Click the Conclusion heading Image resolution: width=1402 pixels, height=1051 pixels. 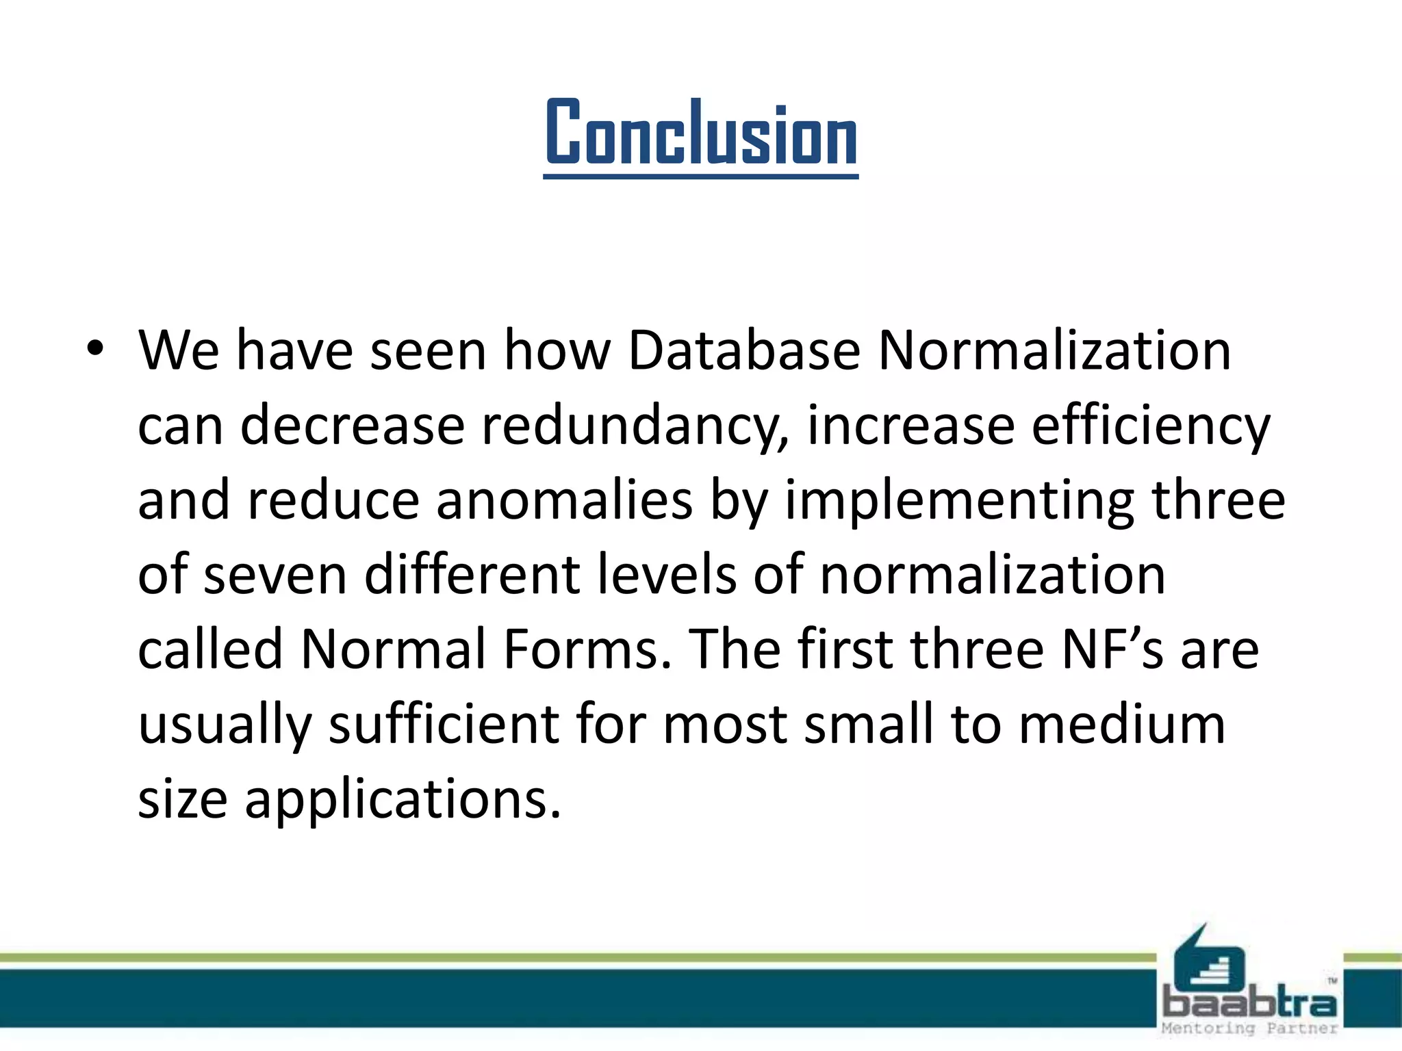700,133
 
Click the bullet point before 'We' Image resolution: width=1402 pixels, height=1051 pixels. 94,350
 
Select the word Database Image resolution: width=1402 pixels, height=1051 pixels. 743,351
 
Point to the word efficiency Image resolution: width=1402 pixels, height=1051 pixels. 1150,426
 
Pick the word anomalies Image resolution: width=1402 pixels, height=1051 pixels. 564,500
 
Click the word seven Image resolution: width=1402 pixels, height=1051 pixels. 275,575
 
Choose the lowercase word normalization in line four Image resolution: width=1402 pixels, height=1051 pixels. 992,575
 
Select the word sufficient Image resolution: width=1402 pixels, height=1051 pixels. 444,724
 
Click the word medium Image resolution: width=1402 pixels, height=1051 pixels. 1122,724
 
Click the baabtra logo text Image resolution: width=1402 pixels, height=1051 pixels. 1249,1003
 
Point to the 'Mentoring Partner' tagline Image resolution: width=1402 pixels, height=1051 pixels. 1249,1028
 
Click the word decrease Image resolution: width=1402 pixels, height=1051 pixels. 352,426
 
